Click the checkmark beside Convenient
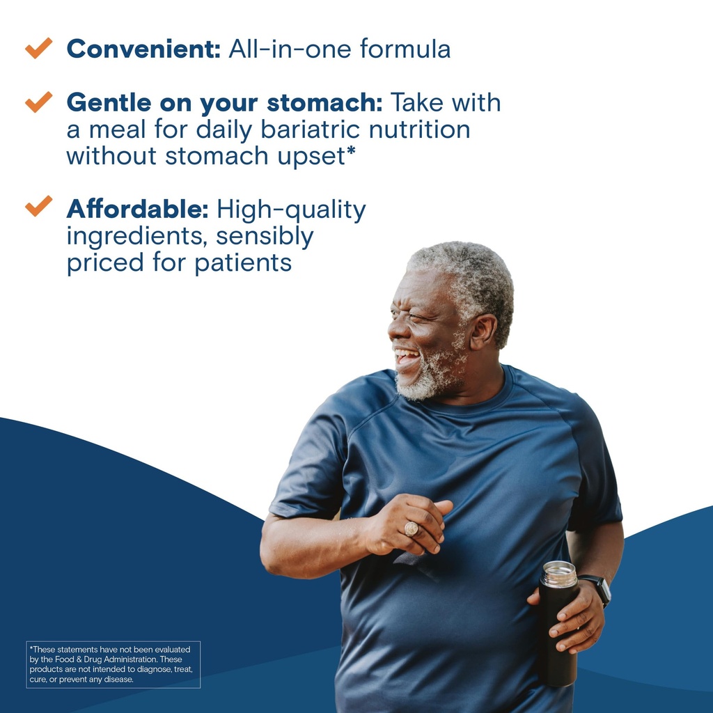pos(39,48)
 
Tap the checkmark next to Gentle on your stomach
pos(39,102)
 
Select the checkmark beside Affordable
pos(39,205)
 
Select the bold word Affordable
pos(138,209)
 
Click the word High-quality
pos(291,210)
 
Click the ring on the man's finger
pos(411,528)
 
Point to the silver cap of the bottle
pos(559,574)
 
